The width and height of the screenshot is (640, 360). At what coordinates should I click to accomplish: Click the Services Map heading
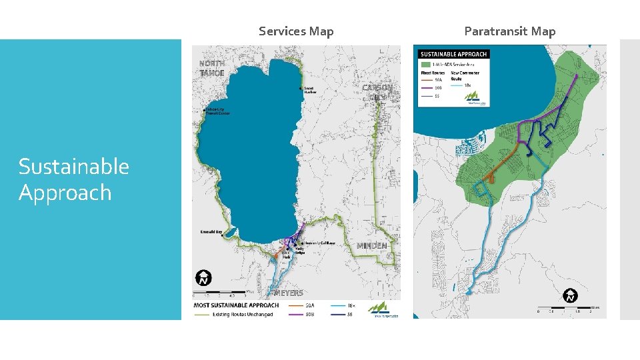tap(296, 31)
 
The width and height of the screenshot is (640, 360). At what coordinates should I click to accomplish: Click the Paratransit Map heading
tap(509, 31)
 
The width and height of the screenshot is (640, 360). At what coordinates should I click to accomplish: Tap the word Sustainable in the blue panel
tap(73, 166)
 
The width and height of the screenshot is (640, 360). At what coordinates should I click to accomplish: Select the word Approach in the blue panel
tap(65, 193)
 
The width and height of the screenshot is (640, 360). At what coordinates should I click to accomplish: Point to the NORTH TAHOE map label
tap(212, 68)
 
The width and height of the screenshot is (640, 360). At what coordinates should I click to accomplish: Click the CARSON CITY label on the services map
tap(377, 92)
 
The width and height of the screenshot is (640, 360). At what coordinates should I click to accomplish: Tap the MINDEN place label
tap(371, 246)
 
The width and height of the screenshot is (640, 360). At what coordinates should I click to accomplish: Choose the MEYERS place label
tap(289, 293)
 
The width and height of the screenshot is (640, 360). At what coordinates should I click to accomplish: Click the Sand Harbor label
tap(309, 90)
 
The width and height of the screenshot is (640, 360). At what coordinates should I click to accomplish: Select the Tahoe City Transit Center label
tap(217, 111)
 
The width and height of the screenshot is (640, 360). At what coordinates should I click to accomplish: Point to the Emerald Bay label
tap(211, 232)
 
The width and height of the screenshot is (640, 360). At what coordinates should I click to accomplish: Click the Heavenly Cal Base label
tap(319, 243)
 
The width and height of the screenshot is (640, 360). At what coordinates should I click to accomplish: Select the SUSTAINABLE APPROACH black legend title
tap(453, 54)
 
